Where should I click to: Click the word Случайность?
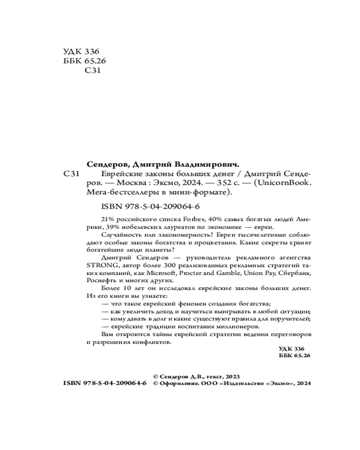[x=117, y=235]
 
